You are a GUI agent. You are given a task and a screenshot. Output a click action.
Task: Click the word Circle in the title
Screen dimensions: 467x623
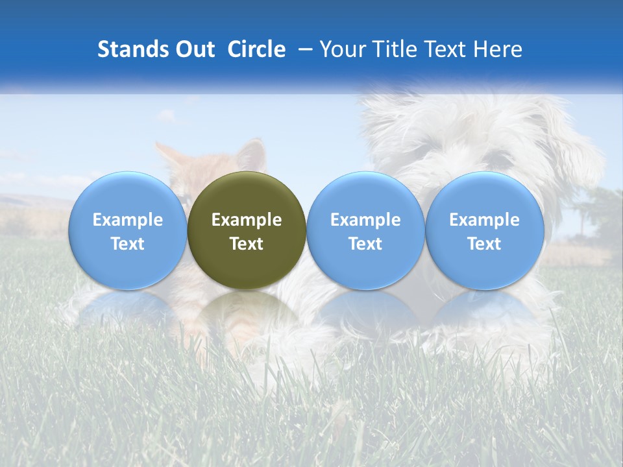coord(256,49)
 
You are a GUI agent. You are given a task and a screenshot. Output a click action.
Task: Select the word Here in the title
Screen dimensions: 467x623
coord(498,49)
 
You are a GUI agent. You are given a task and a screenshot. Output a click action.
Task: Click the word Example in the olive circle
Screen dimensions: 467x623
coord(247,220)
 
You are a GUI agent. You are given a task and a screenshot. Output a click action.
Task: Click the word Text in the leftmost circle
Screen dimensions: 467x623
coord(127,244)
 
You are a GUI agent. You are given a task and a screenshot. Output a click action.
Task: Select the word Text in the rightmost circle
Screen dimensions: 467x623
coord(484,244)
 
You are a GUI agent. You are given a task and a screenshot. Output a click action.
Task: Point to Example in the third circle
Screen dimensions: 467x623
coord(365,220)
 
